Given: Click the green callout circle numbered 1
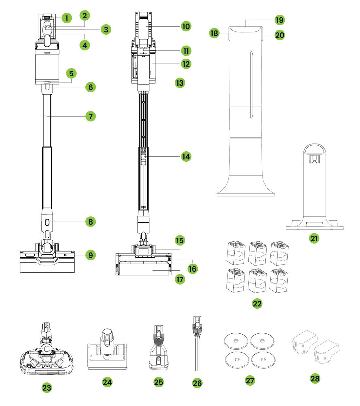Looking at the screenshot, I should (x=66, y=18).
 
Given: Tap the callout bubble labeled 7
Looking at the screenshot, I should (x=91, y=116).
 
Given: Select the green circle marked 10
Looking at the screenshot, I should (x=186, y=26).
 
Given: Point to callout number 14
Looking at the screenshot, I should (x=186, y=157).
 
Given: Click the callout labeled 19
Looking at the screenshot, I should (x=279, y=20).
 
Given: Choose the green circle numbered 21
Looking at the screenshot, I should (x=314, y=238).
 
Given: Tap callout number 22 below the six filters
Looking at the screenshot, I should (x=257, y=304).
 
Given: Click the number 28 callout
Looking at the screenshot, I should (x=315, y=378).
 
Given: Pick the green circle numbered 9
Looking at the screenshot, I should (x=91, y=255).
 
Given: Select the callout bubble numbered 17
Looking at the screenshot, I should (x=180, y=279).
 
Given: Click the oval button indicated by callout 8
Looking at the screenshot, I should (x=47, y=222).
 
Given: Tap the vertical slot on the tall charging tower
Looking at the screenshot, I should (x=250, y=85).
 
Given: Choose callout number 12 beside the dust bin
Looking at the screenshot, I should (x=186, y=64).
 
